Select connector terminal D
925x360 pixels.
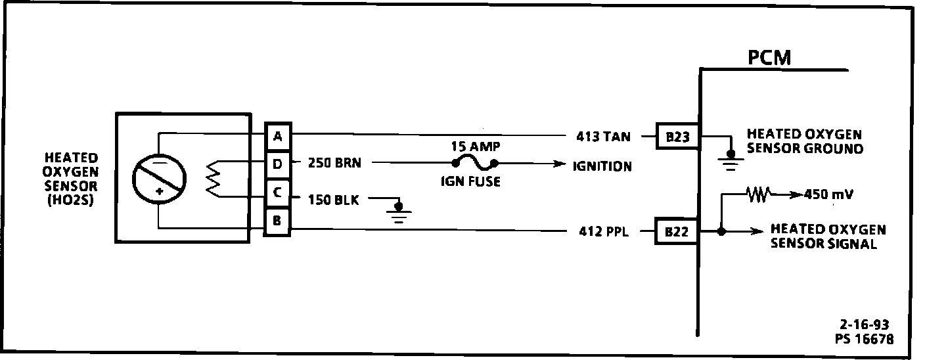point(277,164)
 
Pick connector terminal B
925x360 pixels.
point(277,221)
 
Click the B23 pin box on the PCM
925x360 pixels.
point(677,137)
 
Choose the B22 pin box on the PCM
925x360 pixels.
point(676,231)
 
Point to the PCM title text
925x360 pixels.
point(769,58)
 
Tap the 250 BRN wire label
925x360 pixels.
point(334,163)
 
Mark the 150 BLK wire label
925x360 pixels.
point(334,200)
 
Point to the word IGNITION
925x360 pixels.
point(602,166)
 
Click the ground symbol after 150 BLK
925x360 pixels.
point(397,212)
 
